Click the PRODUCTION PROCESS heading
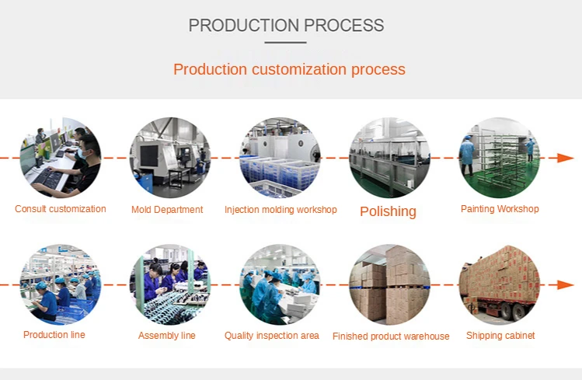(286, 26)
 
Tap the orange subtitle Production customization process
(289, 69)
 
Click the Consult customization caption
(61, 209)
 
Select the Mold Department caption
(167, 210)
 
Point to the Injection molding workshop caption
(281, 210)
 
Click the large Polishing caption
(388, 211)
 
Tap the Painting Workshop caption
(500, 209)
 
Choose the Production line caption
(54, 335)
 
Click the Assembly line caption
(167, 336)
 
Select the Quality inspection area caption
(272, 336)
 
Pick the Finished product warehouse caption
(391, 336)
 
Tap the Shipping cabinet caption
(500, 336)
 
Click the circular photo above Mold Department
(169, 158)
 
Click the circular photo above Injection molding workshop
(280, 158)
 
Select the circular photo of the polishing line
(389, 158)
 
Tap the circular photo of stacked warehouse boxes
(389, 284)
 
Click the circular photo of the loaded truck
(500, 284)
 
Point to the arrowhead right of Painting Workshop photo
(566, 158)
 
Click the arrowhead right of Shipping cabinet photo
(566, 284)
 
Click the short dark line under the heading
(286, 43)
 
